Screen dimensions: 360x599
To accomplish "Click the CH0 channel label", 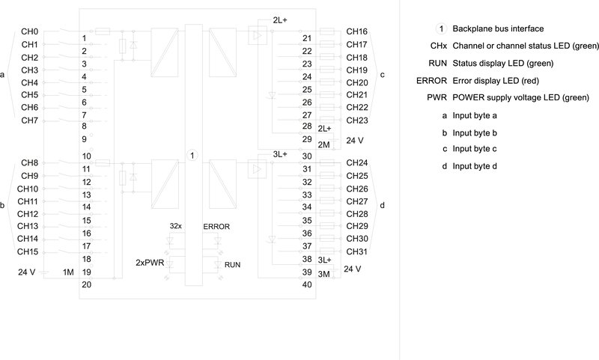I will [x=30, y=32].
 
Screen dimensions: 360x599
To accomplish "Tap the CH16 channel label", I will [x=356, y=32].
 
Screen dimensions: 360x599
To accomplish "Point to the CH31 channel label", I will [x=356, y=251].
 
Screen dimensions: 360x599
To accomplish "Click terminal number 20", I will [x=86, y=284].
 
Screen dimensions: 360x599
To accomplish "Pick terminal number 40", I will [x=307, y=284].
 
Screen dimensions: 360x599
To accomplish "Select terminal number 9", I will [x=85, y=139].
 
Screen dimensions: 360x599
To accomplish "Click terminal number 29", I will [x=307, y=139].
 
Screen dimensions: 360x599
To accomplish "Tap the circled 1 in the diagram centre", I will [x=192, y=155].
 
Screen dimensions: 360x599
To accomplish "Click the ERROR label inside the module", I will [x=216, y=226].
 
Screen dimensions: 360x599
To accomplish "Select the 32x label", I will [x=176, y=226].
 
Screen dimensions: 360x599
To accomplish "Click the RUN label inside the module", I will [x=233, y=265].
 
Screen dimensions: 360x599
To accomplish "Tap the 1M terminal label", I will [x=68, y=272].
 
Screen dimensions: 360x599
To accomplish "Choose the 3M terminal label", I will [x=324, y=275].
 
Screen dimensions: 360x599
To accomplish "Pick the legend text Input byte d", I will [x=475, y=165].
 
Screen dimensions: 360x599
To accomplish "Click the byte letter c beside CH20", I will [x=383, y=75].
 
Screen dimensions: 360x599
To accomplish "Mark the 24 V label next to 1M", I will [x=27, y=272].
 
